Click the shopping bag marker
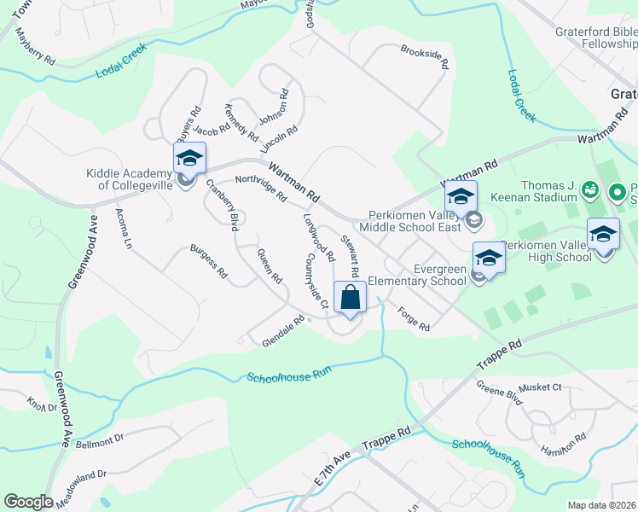(x=350, y=299)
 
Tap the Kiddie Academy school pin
(x=189, y=159)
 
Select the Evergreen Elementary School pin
(x=490, y=259)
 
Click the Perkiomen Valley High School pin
(x=603, y=236)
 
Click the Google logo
(x=28, y=501)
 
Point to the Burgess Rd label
(x=208, y=264)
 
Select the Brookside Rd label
(x=425, y=59)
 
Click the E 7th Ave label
(x=333, y=470)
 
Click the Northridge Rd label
(x=261, y=188)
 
